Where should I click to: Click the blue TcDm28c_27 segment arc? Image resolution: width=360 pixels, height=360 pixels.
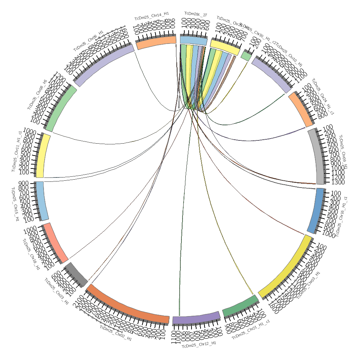194,40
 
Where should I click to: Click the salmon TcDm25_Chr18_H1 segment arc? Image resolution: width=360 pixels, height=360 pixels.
55,242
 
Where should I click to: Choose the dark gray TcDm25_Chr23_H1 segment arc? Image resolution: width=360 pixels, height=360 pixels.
76,274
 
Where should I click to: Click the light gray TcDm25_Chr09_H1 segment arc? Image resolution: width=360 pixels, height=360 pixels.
318,157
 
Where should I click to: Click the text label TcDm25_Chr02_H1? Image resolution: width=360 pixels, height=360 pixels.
116,333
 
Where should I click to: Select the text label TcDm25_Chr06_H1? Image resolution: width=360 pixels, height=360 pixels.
89,40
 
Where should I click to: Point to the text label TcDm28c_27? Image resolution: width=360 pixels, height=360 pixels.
196,14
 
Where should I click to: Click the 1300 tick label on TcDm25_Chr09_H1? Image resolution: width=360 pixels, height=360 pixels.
336,183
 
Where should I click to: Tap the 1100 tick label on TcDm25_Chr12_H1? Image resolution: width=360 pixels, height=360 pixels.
175,338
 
